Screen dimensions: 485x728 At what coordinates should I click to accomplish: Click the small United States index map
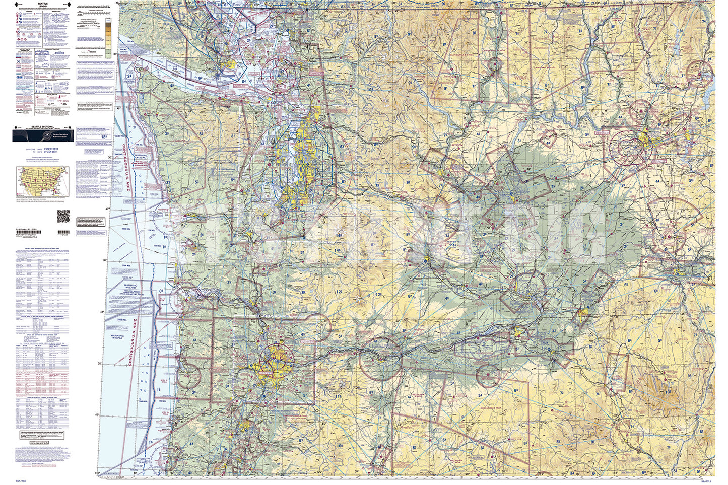point(36,182)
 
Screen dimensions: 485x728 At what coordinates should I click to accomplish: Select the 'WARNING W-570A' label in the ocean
point(117,336)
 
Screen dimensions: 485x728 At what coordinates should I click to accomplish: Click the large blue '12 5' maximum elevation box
point(104,136)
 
